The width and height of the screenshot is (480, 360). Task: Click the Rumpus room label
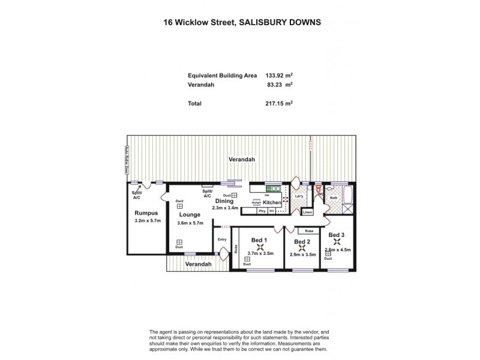(x=146, y=213)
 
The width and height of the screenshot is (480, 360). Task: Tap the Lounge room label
(x=190, y=214)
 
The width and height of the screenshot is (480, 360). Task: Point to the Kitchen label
(x=272, y=203)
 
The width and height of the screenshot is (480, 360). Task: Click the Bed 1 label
(x=259, y=240)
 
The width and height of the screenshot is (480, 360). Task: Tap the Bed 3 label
(x=336, y=235)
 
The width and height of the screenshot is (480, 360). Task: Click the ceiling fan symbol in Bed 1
(x=259, y=247)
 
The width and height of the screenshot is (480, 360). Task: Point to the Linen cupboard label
(x=307, y=212)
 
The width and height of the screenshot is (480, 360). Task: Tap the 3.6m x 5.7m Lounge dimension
(x=190, y=223)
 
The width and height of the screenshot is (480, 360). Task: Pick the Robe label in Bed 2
(x=309, y=231)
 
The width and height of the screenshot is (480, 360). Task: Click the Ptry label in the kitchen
(x=262, y=211)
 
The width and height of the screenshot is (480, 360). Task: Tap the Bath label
(x=335, y=197)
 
